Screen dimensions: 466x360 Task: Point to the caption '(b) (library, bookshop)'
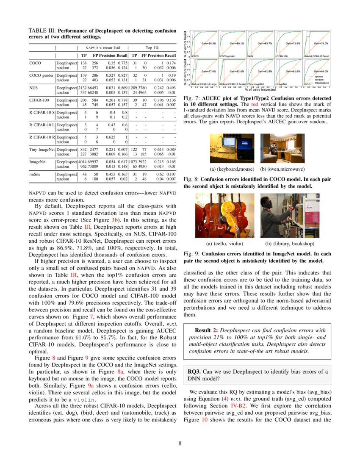(290, 244)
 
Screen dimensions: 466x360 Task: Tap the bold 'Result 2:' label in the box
(207, 330)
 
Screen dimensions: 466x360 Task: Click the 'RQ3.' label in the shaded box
(195, 371)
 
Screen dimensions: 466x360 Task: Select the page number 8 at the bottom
(180, 444)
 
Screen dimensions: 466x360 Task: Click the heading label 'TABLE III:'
(42, 31)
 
